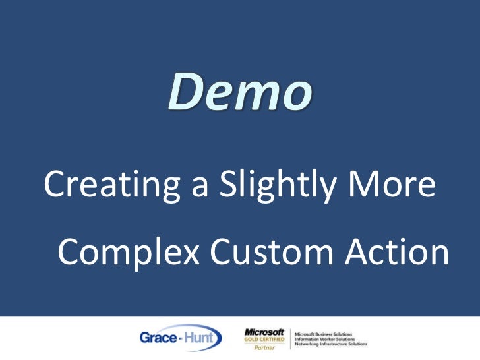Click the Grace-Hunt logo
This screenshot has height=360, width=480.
tap(180, 338)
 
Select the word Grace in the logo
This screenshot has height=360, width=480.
tap(156, 338)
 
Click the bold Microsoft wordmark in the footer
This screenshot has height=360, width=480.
tap(264, 332)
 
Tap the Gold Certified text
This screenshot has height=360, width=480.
tap(264, 339)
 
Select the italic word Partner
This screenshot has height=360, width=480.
tap(264, 347)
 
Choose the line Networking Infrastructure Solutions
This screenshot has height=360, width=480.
tap(331, 344)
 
